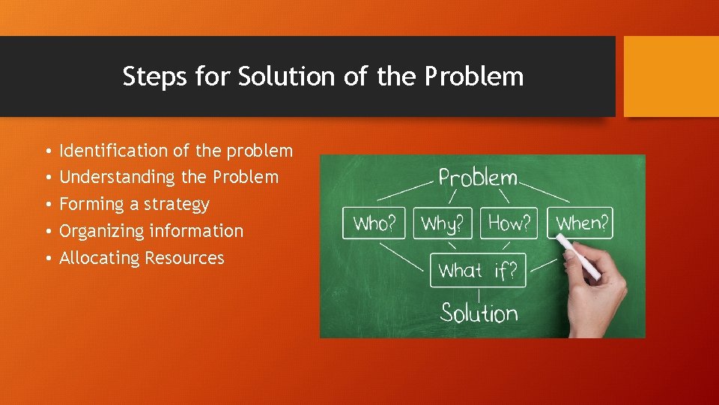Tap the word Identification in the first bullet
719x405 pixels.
pyautogui.click(x=114, y=151)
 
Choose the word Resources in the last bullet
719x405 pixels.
pyautogui.click(x=184, y=258)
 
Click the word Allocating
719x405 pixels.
pyautogui.click(x=100, y=258)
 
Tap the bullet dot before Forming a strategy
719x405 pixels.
pyautogui.click(x=46, y=205)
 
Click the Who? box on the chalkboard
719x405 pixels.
pyautogui.click(x=374, y=223)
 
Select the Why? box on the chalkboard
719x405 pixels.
pyautogui.click(x=442, y=223)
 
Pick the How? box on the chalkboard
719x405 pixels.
pyautogui.click(x=510, y=223)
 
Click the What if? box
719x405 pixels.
pyautogui.click(x=478, y=271)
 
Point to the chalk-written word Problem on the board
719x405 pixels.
pyautogui.click(x=478, y=178)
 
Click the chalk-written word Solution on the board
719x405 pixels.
pyautogui.click(x=479, y=312)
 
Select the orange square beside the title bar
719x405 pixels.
pyautogui.click(x=671, y=76)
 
